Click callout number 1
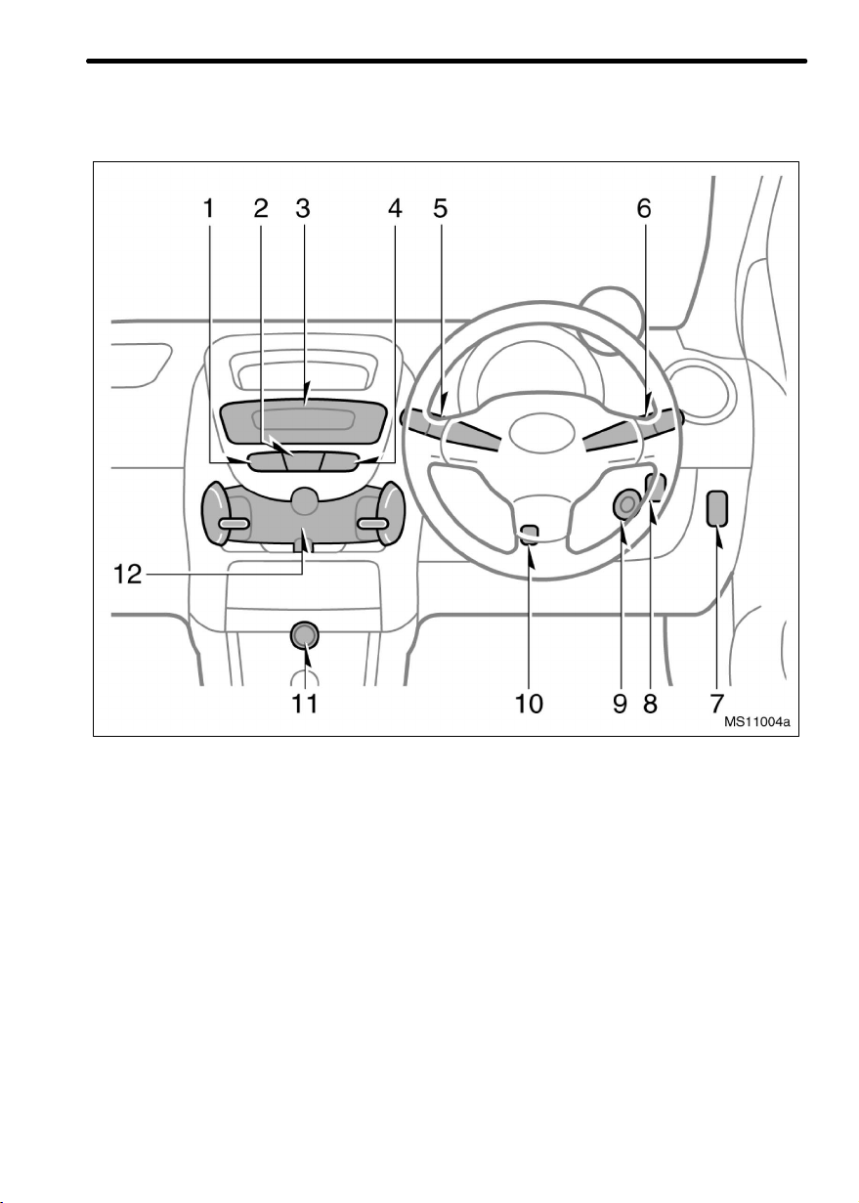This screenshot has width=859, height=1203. (x=208, y=208)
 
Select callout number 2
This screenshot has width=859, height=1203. (x=261, y=208)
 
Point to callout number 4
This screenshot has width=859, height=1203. (x=394, y=208)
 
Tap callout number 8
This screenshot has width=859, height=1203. (x=650, y=704)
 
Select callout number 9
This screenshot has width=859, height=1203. (x=620, y=704)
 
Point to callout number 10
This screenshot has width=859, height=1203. (x=529, y=704)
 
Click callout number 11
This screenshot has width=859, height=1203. (x=306, y=704)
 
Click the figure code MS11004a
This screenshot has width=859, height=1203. (x=756, y=723)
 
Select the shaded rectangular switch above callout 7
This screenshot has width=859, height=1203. (x=718, y=508)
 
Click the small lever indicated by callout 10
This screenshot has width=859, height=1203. (x=529, y=534)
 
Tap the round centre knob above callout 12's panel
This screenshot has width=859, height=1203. (x=305, y=502)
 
